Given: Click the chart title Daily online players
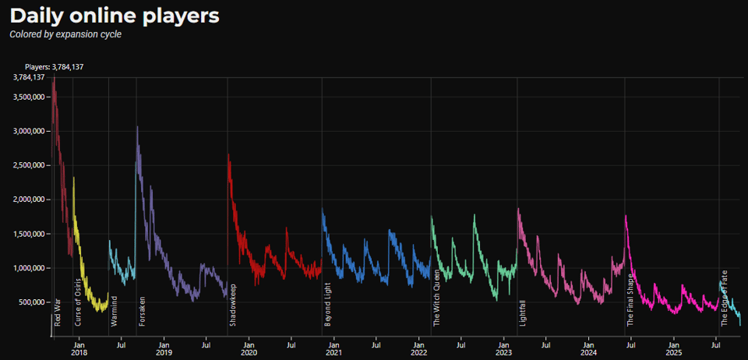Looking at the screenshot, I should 114,15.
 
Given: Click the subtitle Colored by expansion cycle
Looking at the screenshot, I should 65,35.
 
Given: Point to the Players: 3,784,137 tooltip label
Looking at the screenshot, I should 55,67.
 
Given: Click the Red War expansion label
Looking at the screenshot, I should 58,311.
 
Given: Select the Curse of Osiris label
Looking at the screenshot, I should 78,300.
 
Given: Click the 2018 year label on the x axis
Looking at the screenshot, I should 79,353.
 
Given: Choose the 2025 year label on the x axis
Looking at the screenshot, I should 673,353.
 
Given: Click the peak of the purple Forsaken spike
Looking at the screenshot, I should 137,126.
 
